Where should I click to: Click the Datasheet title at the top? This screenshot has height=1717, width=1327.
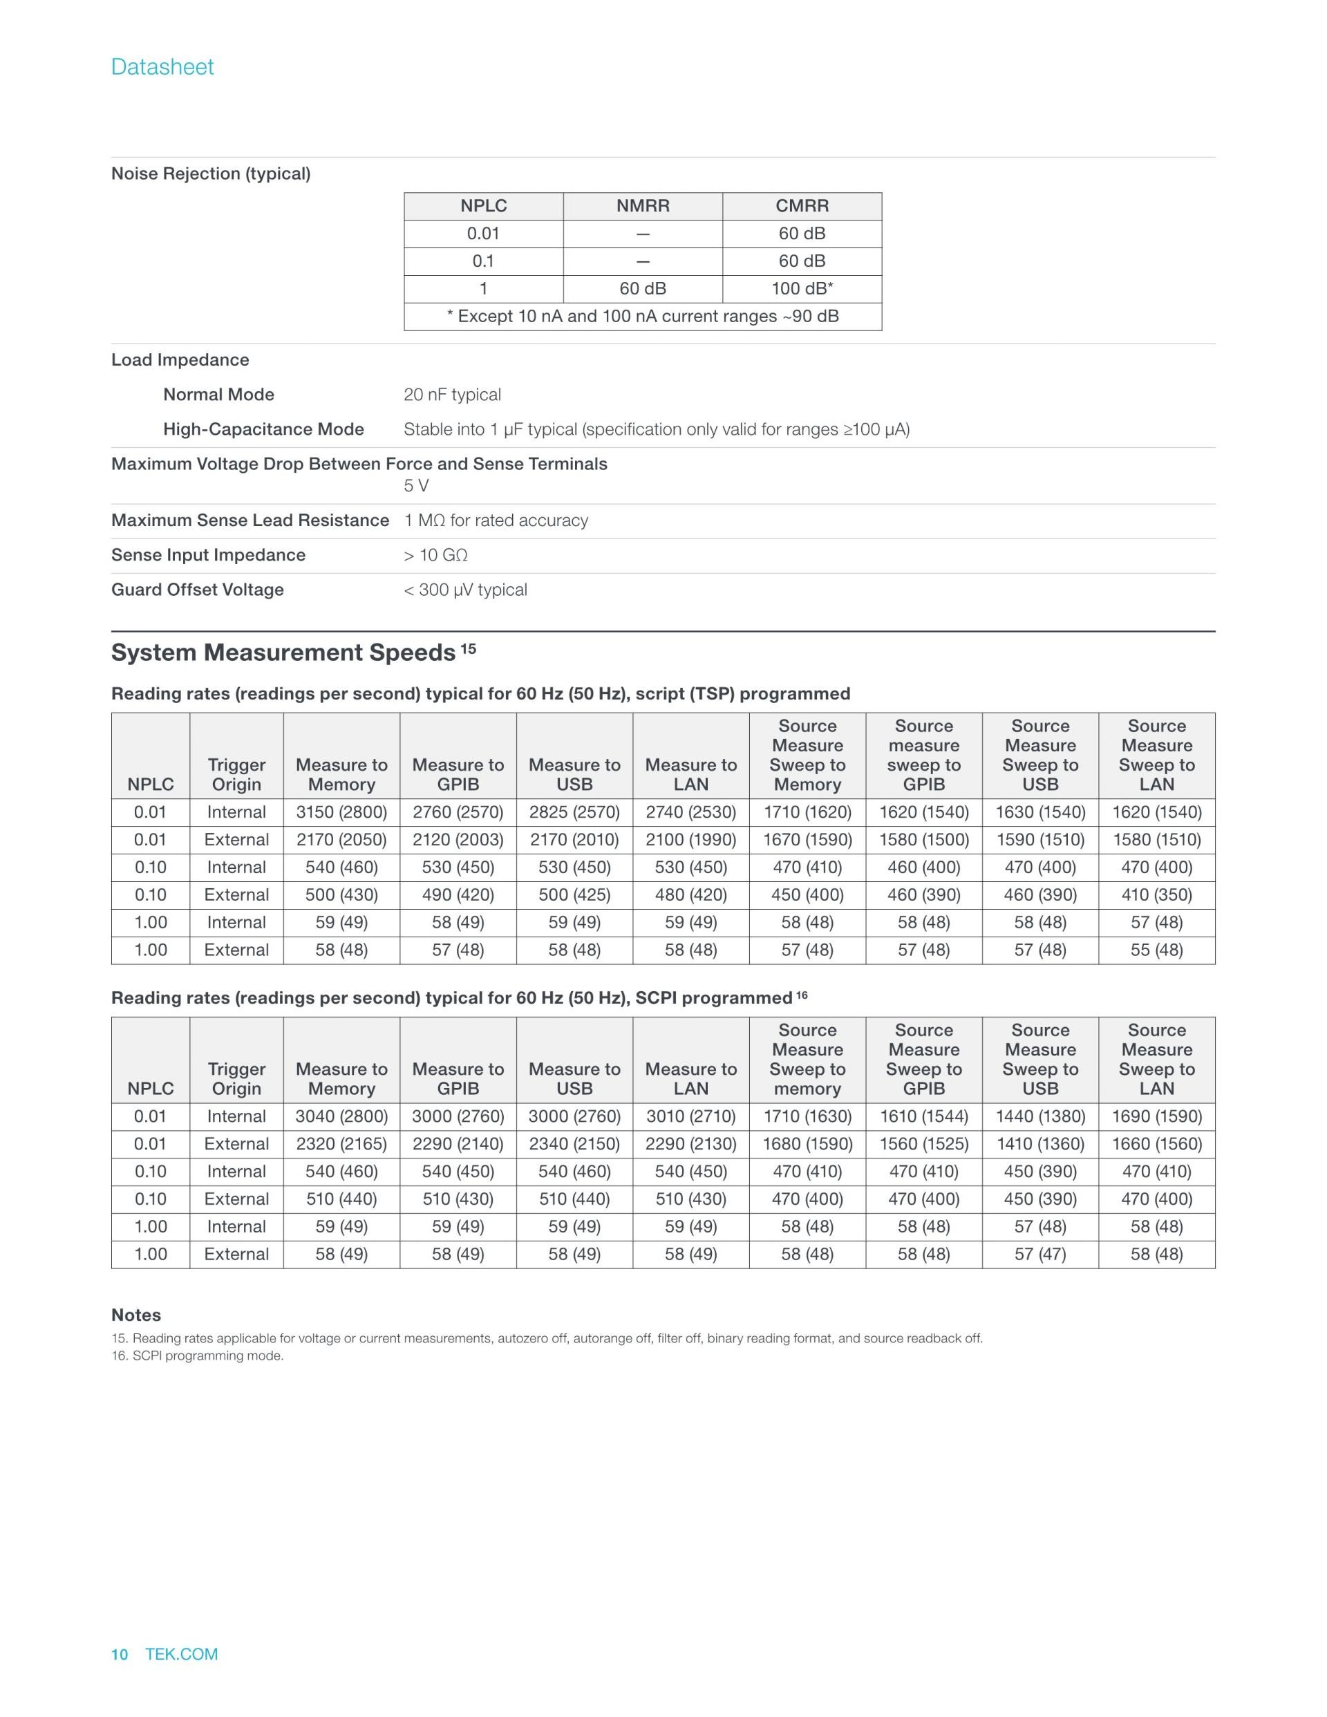tap(162, 67)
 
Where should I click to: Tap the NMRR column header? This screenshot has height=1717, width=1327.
tap(642, 206)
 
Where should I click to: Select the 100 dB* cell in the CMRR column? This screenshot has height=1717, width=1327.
tap(801, 288)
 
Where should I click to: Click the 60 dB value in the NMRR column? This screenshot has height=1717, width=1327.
tap(642, 288)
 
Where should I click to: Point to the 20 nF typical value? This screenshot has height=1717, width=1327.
tap(452, 395)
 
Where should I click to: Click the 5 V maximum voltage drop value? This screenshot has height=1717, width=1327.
tap(416, 486)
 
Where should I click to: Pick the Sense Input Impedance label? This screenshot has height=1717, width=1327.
tap(208, 555)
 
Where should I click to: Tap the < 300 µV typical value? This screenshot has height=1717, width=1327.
tap(464, 590)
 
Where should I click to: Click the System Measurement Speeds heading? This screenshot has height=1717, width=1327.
tap(283, 653)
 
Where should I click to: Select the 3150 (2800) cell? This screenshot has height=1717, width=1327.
tap(341, 812)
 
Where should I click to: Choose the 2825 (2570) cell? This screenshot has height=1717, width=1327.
tap(574, 812)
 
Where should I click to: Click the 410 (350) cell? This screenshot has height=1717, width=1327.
tap(1156, 894)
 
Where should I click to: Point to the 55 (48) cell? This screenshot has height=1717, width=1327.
tap(1156, 950)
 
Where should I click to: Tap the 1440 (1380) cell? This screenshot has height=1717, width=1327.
tap(1040, 1116)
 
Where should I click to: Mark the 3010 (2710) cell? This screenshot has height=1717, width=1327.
tap(690, 1116)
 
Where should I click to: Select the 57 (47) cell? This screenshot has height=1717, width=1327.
tap(1040, 1254)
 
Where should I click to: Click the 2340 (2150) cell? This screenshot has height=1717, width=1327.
tap(574, 1144)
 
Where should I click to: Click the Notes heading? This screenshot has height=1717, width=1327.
tap(136, 1315)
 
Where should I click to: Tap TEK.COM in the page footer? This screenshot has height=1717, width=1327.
tap(182, 1654)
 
